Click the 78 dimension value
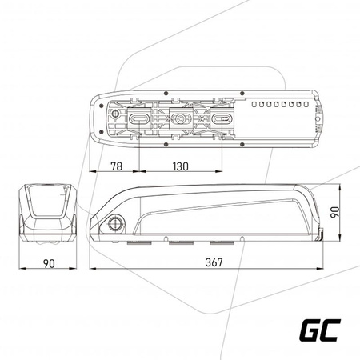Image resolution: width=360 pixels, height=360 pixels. [x=117, y=166]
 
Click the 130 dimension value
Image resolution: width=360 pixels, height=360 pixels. [x=181, y=166]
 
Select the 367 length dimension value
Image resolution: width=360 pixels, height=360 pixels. [x=214, y=262]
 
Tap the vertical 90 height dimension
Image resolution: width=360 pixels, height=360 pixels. [x=335, y=212]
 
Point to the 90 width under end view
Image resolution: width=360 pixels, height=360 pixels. [x=49, y=263]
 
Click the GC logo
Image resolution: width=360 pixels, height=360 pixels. [x=320, y=330]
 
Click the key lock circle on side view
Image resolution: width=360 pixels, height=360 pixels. [x=116, y=223]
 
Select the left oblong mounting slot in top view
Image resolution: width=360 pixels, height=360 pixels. [x=138, y=118]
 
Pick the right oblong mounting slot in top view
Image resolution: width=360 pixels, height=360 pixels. [x=222, y=118]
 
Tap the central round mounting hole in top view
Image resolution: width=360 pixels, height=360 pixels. [x=180, y=118]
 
